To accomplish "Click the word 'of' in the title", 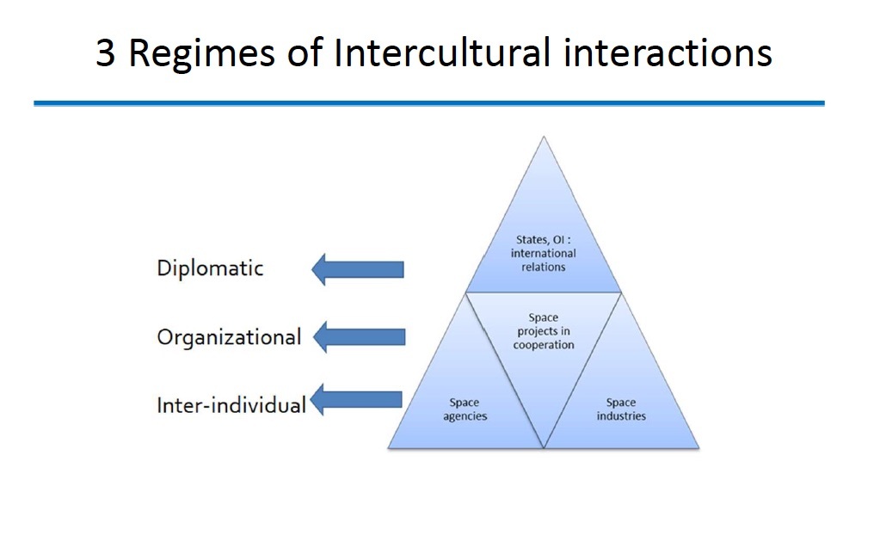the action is tap(300, 54).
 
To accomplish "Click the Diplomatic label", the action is tap(210, 267).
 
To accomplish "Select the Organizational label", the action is tap(229, 336).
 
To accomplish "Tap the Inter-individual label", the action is tap(231, 404).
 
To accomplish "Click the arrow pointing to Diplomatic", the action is tap(356, 269).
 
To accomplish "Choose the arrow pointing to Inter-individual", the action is tap(355, 400).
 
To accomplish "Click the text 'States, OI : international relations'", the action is tap(543, 254).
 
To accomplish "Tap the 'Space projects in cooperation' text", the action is tap(544, 331).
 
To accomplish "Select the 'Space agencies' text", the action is tap(465, 409).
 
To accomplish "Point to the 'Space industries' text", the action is tap(621, 409).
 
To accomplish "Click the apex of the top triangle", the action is tap(543, 138).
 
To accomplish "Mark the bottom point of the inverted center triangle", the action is tap(544, 447).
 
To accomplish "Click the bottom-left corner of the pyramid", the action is tap(388, 448).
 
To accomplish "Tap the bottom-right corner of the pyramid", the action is tap(699, 448).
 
